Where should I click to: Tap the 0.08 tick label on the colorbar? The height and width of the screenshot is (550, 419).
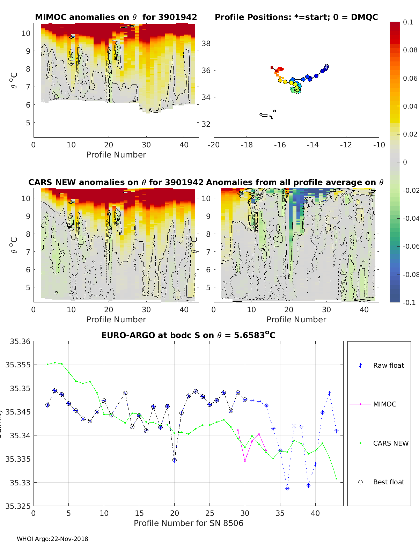[x=410, y=50]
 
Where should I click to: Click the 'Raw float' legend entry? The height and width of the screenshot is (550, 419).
[x=388, y=365]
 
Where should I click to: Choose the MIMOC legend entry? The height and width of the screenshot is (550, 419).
[x=384, y=404]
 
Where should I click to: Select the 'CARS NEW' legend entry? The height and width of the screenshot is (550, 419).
[x=390, y=443]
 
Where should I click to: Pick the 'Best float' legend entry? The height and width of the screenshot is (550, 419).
[x=388, y=482]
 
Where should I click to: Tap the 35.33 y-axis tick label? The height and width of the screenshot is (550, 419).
[x=20, y=483]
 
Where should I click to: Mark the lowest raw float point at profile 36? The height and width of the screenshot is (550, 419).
[x=287, y=489]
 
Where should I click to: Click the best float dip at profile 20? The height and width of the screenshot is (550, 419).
[x=174, y=460]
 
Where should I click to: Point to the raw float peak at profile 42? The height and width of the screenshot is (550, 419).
[x=329, y=393]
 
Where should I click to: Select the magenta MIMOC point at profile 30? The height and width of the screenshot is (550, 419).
[x=245, y=461]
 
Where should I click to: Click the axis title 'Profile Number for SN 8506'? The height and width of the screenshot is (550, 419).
[x=188, y=523]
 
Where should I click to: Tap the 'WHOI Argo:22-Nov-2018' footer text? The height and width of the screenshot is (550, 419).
[x=52, y=539]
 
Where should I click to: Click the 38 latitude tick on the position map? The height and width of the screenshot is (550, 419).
[x=206, y=43]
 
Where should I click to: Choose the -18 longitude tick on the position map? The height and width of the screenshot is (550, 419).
[x=247, y=145]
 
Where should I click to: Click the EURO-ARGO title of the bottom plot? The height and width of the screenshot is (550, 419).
[x=188, y=336]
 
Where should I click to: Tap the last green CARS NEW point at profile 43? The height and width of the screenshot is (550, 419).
[x=336, y=479]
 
